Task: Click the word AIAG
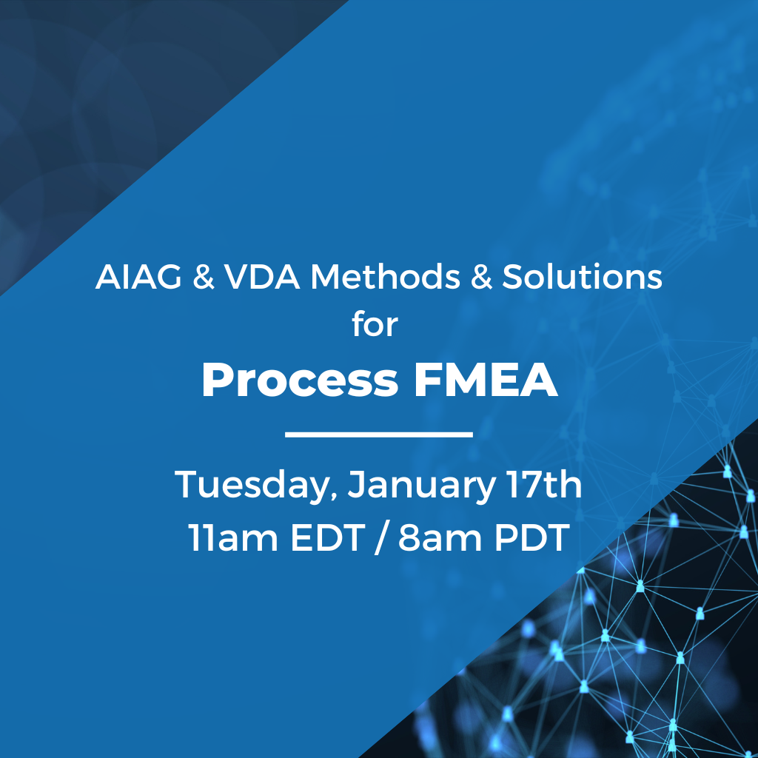[x=138, y=277]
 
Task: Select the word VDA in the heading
[x=261, y=277]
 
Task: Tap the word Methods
[x=385, y=277]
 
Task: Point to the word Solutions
[x=582, y=277]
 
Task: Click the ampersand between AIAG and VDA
[x=203, y=277]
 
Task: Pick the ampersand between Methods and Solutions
[x=481, y=277]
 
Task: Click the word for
[x=375, y=324]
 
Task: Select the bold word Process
[x=300, y=380]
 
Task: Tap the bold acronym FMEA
[x=486, y=380]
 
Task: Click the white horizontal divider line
[x=379, y=435]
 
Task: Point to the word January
[x=421, y=485]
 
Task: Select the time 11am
[x=233, y=537]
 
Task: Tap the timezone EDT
[x=328, y=537]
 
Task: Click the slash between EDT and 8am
[x=381, y=537]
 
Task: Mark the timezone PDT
[x=531, y=537]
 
